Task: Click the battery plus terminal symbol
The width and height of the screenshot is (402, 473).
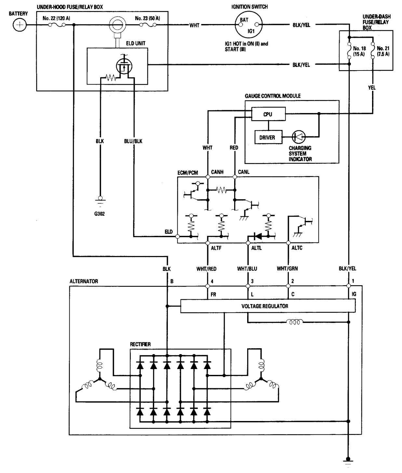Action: tap(20, 25)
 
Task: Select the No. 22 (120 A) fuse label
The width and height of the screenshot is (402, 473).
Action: tap(56, 18)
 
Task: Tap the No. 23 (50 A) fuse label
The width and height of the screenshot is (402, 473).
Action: tap(147, 18)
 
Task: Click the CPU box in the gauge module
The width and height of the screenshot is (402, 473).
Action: tap(268, 114)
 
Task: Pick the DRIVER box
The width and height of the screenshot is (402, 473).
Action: tap(267, 137)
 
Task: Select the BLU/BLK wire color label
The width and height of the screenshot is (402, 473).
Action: tap(133, 141)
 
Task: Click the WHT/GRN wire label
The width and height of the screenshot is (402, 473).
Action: tap(287, 269)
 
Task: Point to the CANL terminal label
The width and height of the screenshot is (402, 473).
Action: tap(244, 172)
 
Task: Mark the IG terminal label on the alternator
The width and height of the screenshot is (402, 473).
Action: tap(354, 294)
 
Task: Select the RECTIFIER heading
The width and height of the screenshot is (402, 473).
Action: tap(141, 344)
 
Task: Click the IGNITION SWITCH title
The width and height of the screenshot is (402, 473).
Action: tap(249, 7)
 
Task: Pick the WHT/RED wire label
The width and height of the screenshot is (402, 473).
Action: tap(207, 269)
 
